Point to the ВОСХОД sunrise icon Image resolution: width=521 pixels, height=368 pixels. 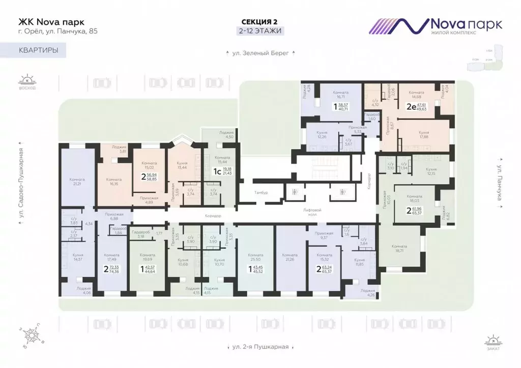pyautogui.click(x=27, y=82)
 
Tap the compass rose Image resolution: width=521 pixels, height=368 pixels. pyautogui.click(x=34, y=335)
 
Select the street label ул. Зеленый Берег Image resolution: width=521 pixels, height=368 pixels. pyautogui.click(x=260, y=53)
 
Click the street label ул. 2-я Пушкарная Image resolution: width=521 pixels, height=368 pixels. pyautogui.click(x=260, y=347)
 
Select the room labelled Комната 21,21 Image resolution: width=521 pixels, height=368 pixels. pyautogui.click(x=77, y=182)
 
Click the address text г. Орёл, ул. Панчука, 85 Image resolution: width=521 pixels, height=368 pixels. pyautogui.click(x=58, y=31)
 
